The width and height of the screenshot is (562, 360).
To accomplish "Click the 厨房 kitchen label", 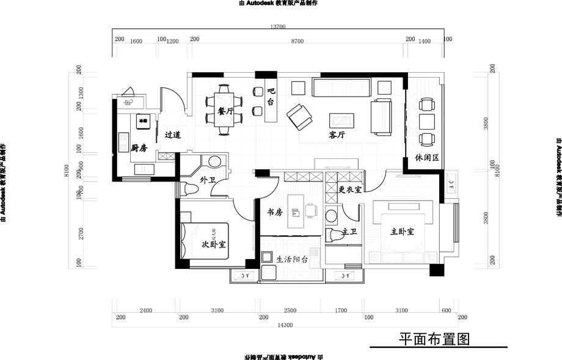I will [x=139, y=148].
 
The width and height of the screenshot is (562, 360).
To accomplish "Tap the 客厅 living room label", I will [x=337, y=135].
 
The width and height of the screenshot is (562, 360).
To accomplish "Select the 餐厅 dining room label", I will [x=225, y=112].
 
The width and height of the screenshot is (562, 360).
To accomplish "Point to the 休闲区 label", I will [x=427, y=157].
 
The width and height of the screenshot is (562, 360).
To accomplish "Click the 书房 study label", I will [x=276, y=212].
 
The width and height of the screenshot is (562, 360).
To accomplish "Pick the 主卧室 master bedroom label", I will [x=403, y=232].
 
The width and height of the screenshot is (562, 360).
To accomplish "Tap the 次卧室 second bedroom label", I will [x=214, y=244].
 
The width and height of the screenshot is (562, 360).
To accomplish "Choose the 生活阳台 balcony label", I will [x=293, y=259].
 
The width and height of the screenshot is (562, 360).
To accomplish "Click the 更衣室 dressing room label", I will [x=351, y=189].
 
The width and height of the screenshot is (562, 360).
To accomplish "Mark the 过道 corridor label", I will [x=172, y=135].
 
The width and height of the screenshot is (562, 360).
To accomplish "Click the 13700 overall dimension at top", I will [x=278, y=27].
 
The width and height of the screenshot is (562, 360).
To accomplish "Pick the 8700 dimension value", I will [x=297, y=40].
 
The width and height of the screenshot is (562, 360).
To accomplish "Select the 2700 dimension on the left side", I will [x=79, y=232].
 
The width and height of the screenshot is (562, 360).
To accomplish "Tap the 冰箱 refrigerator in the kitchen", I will [x=144, y=121].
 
